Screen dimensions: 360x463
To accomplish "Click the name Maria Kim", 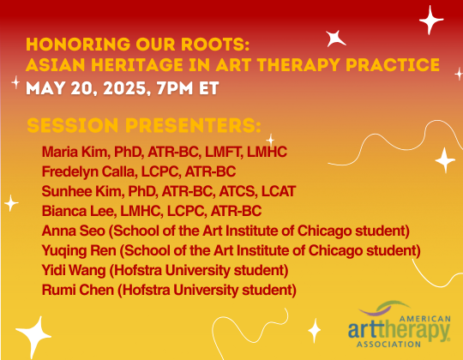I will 69,153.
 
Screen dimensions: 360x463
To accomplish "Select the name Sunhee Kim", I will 75,191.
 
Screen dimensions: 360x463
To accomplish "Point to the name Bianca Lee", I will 72,211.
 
